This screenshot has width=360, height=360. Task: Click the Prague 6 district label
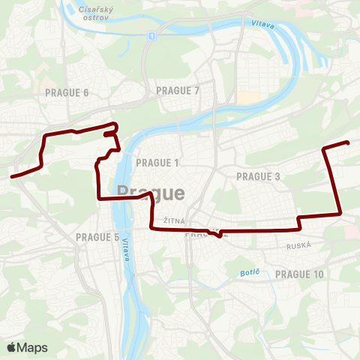click(x=67, y=92)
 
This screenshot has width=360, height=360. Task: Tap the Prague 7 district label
click(x=178, y=91)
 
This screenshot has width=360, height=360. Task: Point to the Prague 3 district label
click(x=258, y=176)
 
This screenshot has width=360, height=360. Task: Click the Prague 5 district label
click(x=97, y=238)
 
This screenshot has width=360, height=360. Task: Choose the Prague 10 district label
click(x=299, y=274)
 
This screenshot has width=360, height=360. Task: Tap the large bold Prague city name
click(x=151, y=193)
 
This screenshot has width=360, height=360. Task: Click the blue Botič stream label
click(x=249, y=272)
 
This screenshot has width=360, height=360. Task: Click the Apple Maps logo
click(x=27, y=347)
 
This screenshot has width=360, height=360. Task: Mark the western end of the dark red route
click(x=11, y=177)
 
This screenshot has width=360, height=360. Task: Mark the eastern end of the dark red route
click(x=349, y=142)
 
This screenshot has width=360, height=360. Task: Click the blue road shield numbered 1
click(x=151, y=35)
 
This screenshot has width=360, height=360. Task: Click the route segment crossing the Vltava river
click(x=124, y=198)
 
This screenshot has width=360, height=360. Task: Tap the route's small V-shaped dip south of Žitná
click(x=217, y=236)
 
